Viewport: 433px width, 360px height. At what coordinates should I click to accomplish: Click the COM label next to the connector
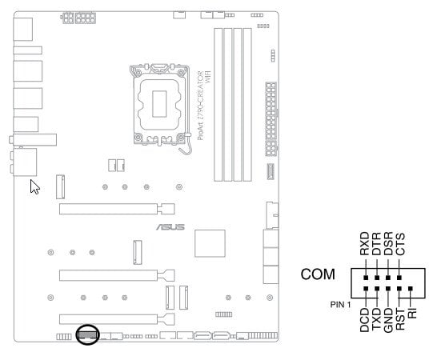pos(318,274)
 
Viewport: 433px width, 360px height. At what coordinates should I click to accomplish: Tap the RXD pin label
pos(365,243)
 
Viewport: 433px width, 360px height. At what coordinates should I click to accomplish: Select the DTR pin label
pos(376,243)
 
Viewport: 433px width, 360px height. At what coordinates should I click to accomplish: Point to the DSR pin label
pos(388,243)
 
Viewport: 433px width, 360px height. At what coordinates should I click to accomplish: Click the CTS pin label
pos(400,244)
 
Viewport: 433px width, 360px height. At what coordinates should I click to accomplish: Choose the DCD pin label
pos(364,320)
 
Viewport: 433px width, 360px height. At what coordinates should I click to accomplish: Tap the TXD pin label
pos(376,319)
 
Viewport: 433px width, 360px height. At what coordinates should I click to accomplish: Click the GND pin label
pos(388,320)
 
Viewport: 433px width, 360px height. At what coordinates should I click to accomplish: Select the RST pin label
pos(400,319)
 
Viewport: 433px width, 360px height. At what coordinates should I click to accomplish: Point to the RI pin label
pos(412,314)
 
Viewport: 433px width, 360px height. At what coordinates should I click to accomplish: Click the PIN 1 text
pos(340,305)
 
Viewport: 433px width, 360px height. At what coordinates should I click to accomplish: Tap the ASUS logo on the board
pos(170,227)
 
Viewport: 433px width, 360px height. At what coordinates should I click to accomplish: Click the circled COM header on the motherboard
pos(87,335)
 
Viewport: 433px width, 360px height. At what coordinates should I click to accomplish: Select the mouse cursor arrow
pos(34,186)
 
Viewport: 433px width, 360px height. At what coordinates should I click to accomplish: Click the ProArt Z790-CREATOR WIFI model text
pos(204,105)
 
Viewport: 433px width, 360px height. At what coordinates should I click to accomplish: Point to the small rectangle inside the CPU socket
pos(159,104)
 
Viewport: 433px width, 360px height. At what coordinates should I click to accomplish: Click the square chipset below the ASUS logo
pos(210,243)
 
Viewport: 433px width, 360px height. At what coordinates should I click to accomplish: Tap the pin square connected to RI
pos(411,289)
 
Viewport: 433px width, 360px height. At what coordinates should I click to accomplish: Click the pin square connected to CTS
pos(399,278)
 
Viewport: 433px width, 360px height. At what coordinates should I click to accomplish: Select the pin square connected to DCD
pos(366,289)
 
